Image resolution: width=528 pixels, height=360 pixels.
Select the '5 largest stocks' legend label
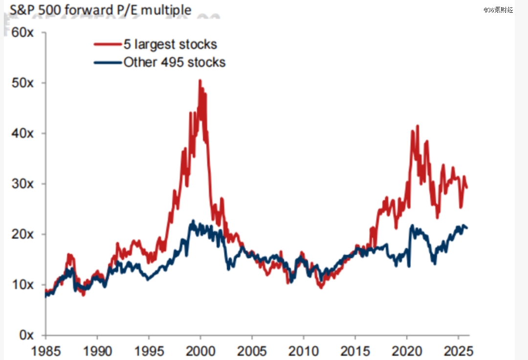[170, 45]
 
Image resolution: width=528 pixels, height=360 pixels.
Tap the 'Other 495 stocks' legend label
[175, 62]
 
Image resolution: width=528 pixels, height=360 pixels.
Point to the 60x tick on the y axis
[23, 33]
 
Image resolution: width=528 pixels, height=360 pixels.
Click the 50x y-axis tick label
[23, 83]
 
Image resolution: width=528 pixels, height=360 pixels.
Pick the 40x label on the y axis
[23, 134]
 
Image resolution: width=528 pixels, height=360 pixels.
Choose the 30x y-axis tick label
[23, 184]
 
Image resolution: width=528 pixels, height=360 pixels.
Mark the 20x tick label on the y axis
[23, 234]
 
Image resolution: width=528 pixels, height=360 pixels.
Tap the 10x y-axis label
[23, 285]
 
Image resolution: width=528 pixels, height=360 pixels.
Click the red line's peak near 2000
[199, 80]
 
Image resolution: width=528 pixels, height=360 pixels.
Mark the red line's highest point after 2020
[418, 126]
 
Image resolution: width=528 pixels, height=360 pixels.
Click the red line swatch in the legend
[108, 45]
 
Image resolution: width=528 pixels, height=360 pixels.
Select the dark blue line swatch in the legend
[108, 62]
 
